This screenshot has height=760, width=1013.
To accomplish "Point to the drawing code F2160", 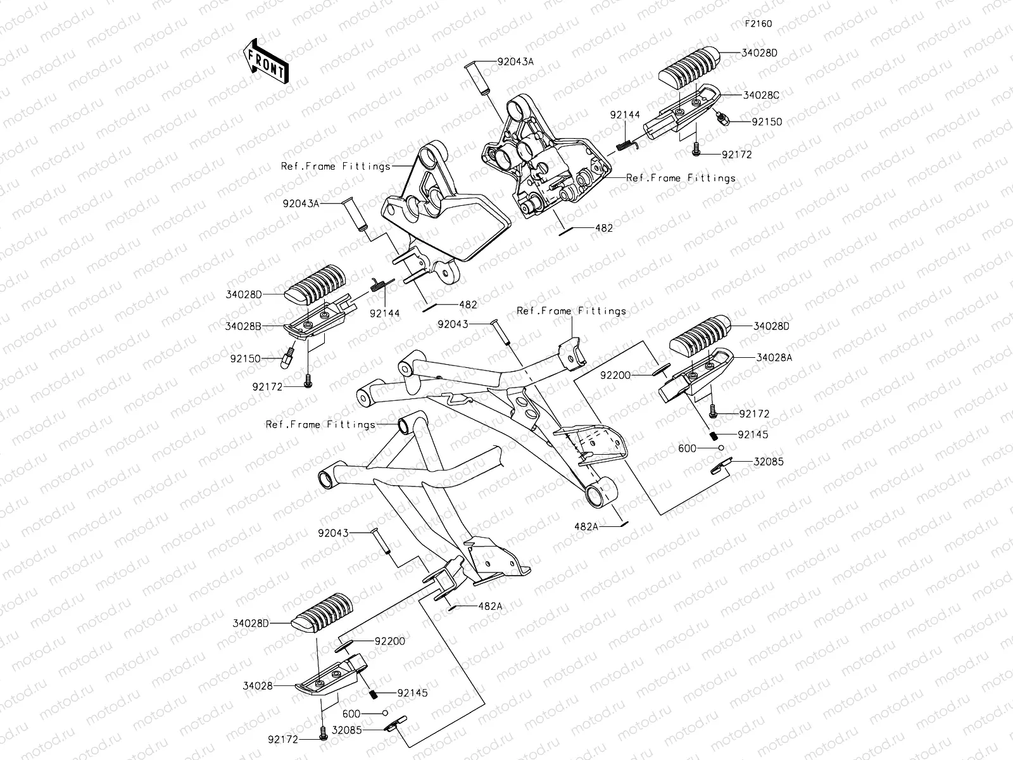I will [758, 24].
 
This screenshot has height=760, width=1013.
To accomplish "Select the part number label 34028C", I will [760, 95].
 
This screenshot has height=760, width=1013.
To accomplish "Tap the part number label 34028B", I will [242, 327].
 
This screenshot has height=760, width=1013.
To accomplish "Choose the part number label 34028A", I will [773, 357].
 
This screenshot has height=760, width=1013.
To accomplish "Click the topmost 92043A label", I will [515, 62].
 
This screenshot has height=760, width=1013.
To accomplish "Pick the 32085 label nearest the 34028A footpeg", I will [767, 462].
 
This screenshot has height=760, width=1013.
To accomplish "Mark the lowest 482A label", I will [489, 606].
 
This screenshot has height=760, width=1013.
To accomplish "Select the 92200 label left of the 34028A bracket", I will [615, 375].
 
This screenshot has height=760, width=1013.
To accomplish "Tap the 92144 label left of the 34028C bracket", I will [625, 115].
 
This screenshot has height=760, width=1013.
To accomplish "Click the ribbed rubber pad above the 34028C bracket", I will [689, 66].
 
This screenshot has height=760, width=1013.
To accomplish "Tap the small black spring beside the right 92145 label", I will [714, 436].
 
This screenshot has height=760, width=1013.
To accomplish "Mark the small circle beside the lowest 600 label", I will [384, 712].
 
